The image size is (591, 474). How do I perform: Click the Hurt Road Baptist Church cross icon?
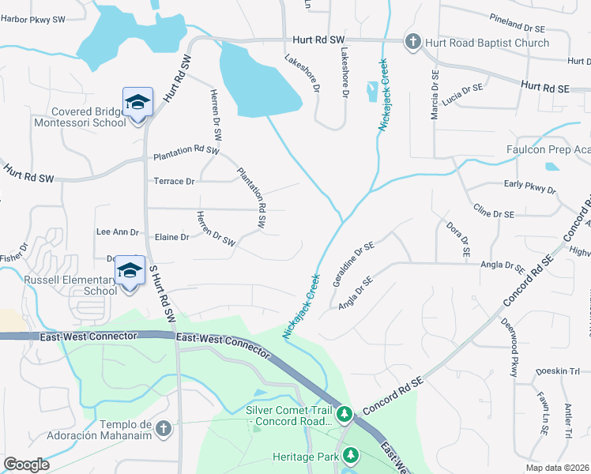[x=412, y=42]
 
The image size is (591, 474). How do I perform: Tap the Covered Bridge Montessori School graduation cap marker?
[x=137, y=103]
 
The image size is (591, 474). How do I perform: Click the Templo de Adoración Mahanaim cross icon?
[x=163, y=428]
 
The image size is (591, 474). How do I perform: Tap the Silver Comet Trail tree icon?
[x=344, y=413]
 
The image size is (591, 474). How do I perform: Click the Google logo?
[x=26, y=465]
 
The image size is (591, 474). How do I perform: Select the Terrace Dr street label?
[x=175, y=182]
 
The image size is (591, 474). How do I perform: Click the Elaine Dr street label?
[x=172, y=237]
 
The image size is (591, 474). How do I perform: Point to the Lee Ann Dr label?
[x=117, y=232]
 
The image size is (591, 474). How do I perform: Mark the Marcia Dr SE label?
[x=435, y=95]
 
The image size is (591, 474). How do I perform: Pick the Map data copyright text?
[x=557, y=468]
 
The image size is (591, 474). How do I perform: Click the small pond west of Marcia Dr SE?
[x=371, y=92]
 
